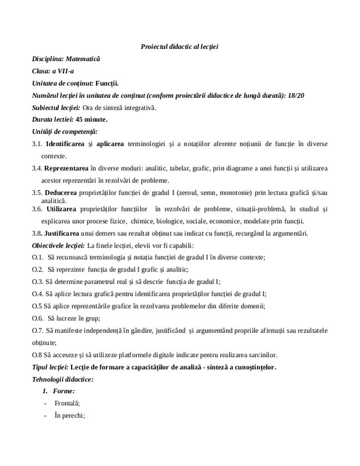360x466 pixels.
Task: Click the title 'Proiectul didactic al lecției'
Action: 179,47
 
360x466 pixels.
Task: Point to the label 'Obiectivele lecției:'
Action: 58,246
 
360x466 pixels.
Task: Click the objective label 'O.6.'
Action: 38,318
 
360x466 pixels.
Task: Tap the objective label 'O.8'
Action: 37,355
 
